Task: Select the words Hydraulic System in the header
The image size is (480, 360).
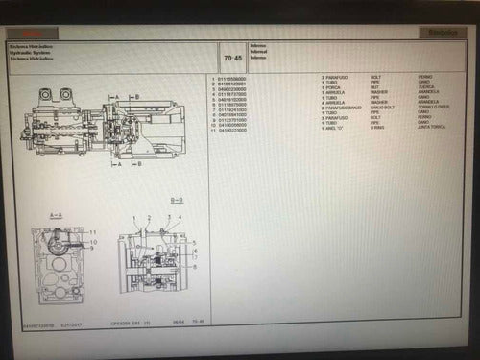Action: [x=32, y=52]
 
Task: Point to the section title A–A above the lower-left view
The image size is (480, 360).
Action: [x=55, y=214]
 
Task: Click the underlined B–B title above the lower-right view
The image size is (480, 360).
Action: [x=177, y=200]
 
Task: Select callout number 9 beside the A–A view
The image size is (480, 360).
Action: [x=93, y=247]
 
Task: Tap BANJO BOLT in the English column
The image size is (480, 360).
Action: [x=383, y=106]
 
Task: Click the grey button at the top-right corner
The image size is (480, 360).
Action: [x=436, y=32]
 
